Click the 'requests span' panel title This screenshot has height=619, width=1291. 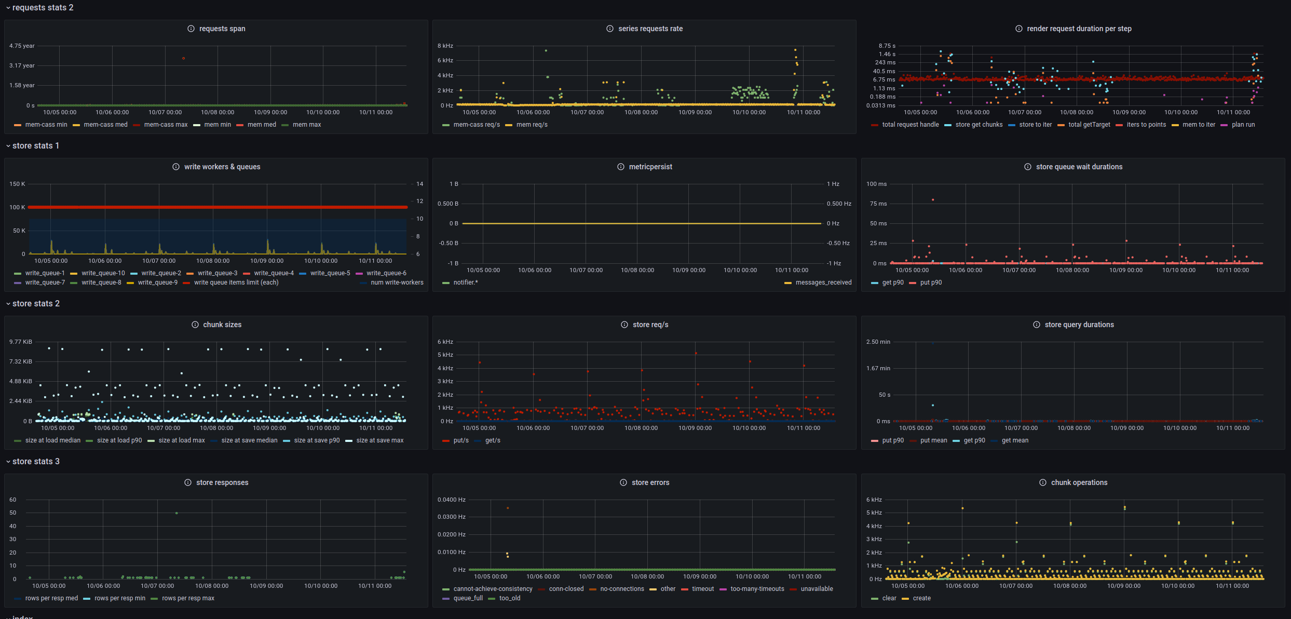point(222,29)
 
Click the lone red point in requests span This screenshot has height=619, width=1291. point(183,58)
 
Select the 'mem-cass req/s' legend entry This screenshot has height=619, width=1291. point(476,125)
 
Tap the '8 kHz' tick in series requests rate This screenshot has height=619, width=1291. point(445,46)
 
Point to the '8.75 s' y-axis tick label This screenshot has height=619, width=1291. point(887,46)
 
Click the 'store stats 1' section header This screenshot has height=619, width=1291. point(35,146)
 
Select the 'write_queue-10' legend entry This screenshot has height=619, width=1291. point(103,273)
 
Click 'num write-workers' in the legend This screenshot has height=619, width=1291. point(397,282)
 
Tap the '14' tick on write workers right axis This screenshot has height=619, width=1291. point(419,184)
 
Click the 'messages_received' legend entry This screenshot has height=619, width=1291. point(823,282)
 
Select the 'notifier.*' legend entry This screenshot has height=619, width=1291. point(465,282)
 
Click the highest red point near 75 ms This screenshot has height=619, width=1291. point(933,199)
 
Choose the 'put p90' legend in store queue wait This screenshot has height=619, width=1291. point(930,282)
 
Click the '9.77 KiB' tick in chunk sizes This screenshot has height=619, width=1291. point(20,342)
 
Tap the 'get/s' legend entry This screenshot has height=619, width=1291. point(492,440)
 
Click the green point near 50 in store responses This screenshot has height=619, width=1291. point(176,513)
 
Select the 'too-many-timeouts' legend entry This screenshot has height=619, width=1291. point(757,589)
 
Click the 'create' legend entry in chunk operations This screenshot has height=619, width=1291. point(921,598)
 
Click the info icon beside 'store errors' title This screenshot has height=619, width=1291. point(623,482)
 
